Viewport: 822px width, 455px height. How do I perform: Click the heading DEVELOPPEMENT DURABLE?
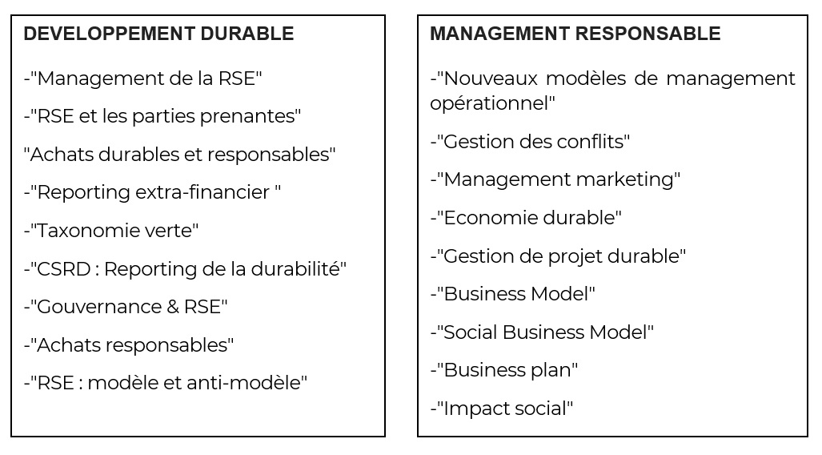click(x=158, y=34)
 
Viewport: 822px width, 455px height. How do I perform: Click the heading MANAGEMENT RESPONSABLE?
click(x=575, y=34)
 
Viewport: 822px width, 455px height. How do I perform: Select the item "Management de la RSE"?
click(x=142, y=79)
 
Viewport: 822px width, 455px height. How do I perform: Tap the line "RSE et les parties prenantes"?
click(x=162, y=116)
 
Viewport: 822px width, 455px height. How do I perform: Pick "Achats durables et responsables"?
click(x=180, y=155)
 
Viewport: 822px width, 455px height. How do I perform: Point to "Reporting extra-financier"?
click(x=152, y=192)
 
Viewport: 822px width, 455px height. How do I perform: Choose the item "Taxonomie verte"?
click(x=111, y=231)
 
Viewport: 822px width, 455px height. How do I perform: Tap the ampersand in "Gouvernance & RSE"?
click(x=172, y=307)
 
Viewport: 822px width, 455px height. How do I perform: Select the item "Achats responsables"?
click(x=128, y=344)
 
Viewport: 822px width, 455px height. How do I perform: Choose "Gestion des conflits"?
click(x=530, y=141)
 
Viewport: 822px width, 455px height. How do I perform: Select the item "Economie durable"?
click(x=526, y=218)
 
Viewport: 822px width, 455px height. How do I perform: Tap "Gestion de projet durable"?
click(x=558, y=256)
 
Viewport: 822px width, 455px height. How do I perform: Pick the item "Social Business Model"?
click(x=542, y=332)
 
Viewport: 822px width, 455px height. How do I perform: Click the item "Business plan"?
click(x=503, y=370)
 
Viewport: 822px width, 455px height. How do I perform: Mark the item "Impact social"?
click(x=502, y=409)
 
